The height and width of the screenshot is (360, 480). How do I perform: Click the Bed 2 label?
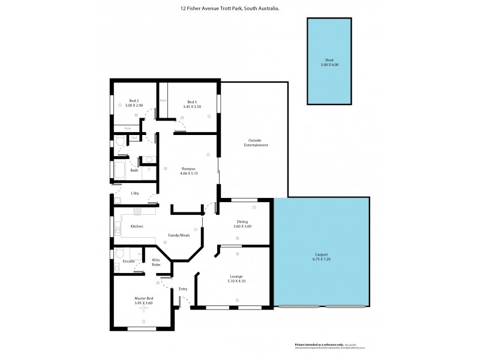pos(134,101)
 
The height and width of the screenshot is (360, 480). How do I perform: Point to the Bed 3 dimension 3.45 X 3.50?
pos(192,106)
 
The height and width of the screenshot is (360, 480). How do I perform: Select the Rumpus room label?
pos(189,169)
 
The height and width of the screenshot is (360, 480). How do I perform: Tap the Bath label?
pos(134,170)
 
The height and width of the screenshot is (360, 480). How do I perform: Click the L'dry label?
pos(135,193)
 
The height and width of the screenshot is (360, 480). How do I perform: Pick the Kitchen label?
pos(137,226)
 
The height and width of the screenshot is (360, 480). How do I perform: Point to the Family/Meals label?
pos(179,235)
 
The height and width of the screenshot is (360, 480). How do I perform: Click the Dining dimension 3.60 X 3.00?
pos(242,226)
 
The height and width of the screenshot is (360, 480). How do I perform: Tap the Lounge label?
pos(235,276)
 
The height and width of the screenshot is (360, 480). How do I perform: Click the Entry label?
pos(183,289)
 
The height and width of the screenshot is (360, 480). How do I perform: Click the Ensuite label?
pos(129,261)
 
